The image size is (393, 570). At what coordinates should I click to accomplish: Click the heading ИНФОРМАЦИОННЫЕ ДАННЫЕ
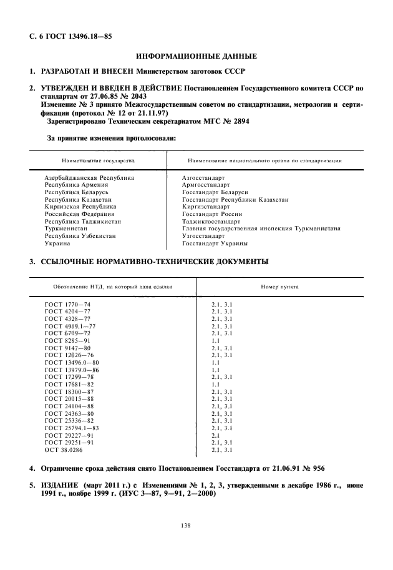(196, 56)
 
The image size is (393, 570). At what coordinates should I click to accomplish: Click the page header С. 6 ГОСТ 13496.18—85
(62, 36)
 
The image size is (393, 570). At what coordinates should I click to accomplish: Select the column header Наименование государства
(98, 160)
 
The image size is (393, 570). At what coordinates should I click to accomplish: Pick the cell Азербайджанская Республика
(89, 178)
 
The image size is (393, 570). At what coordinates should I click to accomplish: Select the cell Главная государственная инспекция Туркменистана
(261, 228)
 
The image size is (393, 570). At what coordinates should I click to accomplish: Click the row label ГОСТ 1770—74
(67, 304)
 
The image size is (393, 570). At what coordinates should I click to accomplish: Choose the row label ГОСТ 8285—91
(67, 340)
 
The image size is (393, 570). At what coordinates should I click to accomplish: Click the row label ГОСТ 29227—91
(69, 435)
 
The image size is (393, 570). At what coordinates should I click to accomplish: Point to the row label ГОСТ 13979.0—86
(72, 370)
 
